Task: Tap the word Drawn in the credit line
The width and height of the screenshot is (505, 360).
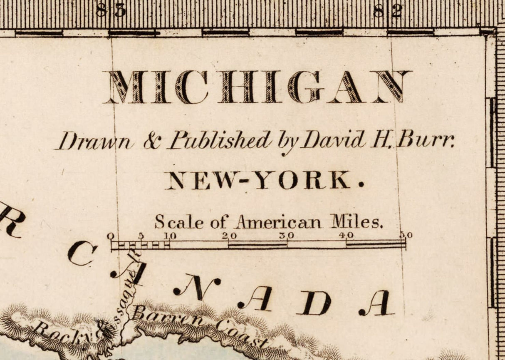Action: [x=95, y=141]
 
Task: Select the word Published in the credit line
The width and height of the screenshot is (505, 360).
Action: [x=220, y=141]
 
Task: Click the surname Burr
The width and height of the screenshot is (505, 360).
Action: [x=425, y=140]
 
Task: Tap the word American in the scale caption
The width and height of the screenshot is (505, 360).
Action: [x=278, y=222]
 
